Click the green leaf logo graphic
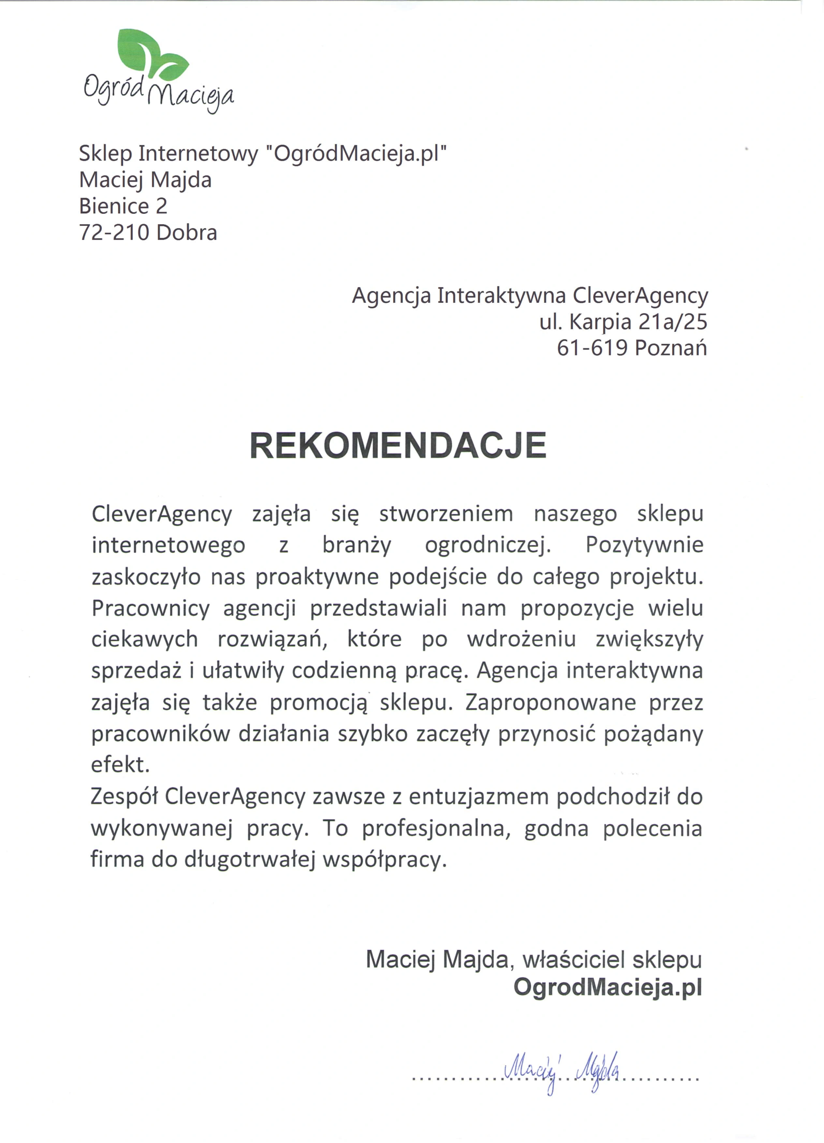(x=151, y=54)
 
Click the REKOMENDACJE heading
(x=398, y=446)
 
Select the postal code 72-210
(x=114, y=233)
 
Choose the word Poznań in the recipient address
(x=670, y=348)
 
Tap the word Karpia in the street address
(x=600, y=321)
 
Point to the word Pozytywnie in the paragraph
(x=644, y=545)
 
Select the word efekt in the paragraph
(x=121, y=765)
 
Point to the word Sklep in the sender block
(x=105, y=153)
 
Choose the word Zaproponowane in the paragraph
(x=551, y=702)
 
